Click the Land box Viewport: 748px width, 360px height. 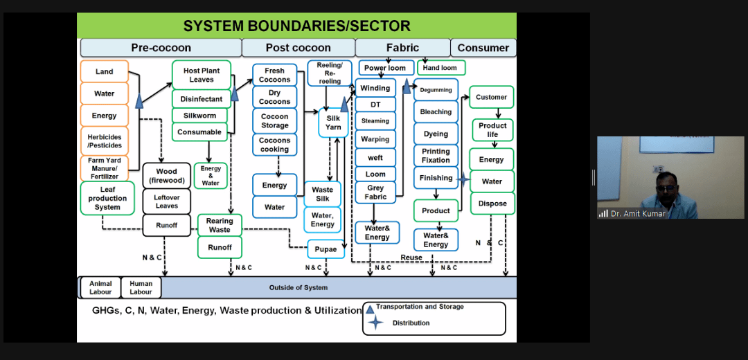coord(105,71)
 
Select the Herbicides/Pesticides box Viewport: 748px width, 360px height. coord(105,141)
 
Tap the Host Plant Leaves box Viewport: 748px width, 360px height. coord(202,75)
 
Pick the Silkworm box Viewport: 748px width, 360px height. coord(200,116)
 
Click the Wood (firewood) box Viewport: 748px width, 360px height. coord(166,175)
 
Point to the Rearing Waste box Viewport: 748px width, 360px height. coord(220,225)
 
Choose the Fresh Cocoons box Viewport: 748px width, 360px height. coord(275,75)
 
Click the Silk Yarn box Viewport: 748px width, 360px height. coord(333,123)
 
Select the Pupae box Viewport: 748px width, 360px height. coord(326,249)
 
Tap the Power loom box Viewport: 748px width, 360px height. coord(385,68)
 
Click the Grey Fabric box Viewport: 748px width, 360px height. coord(375,192)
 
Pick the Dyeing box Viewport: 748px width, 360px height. coord(436,134)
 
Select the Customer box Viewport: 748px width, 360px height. coord(491,98)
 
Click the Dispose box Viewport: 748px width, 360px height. coord(492,203)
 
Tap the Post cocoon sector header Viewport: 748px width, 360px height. coord(298,48)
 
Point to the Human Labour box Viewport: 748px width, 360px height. coord(141,287)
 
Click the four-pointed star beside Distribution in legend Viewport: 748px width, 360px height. coord(376,323)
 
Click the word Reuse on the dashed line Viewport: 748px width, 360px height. coord(411,258)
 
